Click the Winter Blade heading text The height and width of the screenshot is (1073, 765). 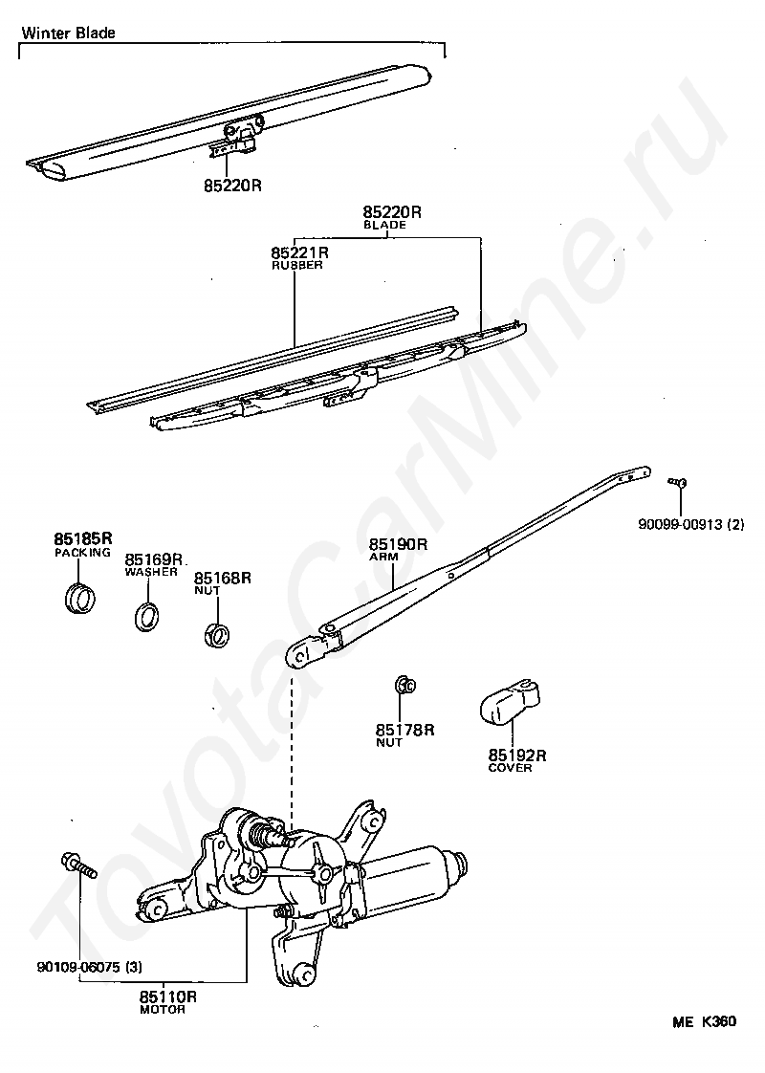pos(68,33)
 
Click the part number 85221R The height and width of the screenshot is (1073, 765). pos(299,253)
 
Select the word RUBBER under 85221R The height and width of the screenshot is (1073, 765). pos(297,266)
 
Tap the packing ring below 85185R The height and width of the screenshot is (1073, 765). pos(80,600)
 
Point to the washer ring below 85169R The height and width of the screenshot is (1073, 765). pos(146,616)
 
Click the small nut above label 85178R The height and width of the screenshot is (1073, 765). pos(404,684)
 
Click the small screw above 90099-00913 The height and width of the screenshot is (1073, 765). pos(678,483)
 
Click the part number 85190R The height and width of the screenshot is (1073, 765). pos(398,545)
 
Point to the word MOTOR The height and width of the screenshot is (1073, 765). pos(163,1010)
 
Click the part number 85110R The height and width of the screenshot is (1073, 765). pos(167,996)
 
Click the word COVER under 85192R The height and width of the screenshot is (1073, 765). pos(510,768)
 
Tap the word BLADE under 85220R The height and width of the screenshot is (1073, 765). pos(385,225)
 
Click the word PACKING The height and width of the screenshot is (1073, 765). pos(82,553)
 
